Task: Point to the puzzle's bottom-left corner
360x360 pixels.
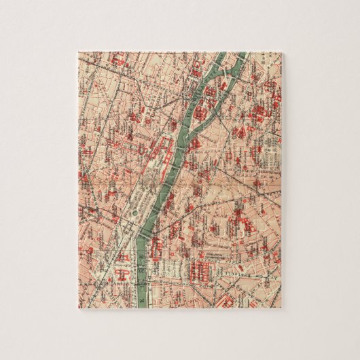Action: (77, 308)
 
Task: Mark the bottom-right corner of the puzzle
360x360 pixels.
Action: (283, 308)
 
